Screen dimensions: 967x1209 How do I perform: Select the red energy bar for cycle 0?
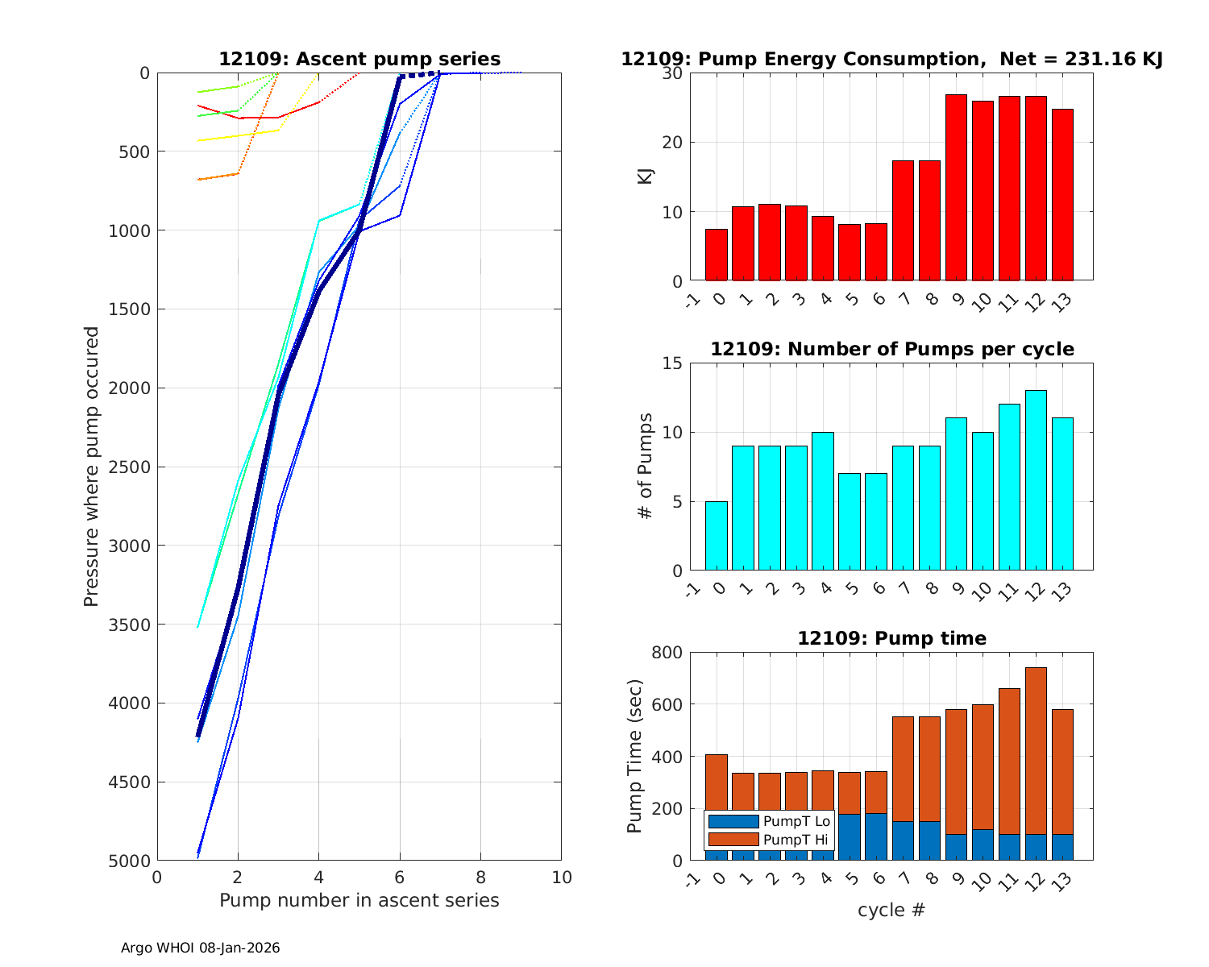point(717,255)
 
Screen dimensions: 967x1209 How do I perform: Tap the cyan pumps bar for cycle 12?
point(1036,480)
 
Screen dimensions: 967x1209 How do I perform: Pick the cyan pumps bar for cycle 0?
point(717,536)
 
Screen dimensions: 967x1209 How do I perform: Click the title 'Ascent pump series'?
point(359,60)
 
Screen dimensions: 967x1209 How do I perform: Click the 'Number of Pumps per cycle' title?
point(891,349)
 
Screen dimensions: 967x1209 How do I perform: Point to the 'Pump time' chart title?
point(891,638)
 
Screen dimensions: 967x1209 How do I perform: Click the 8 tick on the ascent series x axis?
point(480,877)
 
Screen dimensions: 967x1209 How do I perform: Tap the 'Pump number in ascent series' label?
point(359,900)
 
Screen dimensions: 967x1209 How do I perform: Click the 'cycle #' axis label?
point(891,911)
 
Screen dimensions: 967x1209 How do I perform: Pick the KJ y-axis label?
point(645,176)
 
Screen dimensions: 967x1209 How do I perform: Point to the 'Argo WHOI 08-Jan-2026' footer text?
point(201,948)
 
